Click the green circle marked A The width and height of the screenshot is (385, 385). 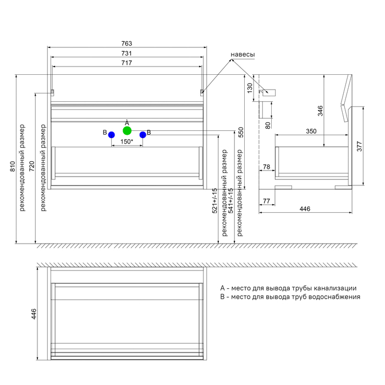(x=127, y=131)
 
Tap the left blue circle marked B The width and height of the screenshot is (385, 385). (x=112, y=134)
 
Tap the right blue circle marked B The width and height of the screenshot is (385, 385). (x=142, y=134)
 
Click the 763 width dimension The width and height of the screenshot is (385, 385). (x=127, y=43)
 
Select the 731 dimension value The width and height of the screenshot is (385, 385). (x=127, y=53)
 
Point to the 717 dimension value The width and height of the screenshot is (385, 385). (x=127, y=63)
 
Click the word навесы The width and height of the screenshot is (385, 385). (x=243, y=55)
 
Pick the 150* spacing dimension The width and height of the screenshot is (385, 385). (x=127, y=141)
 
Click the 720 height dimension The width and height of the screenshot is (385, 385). (x=31, y=166)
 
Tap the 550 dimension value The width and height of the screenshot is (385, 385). (x=240, y=132)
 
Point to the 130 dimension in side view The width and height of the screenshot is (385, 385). (x=250, y=87)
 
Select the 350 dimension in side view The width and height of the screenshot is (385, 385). (x=311, y=131)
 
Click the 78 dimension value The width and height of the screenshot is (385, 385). (x=266, y=167)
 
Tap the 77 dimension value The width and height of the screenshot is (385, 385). (x=266, y=202)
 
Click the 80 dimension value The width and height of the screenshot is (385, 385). (x=267, y=125)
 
